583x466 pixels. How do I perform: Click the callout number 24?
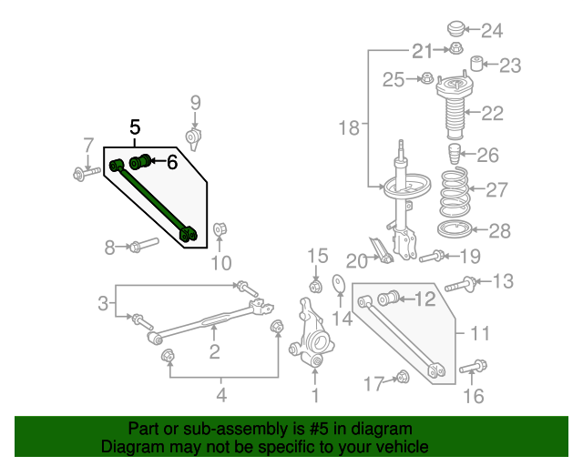click(492, 30)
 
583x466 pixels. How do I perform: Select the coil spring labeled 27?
click(454, 192)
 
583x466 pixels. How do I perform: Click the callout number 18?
click(349, 127)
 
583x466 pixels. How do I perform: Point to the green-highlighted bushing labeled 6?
click(139, 162)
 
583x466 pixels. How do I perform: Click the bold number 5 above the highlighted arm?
click(135, 127)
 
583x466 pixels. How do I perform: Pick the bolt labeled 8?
click(144, 244)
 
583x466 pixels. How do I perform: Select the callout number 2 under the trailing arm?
click(215, 351)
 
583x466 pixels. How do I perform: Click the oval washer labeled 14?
click(338, 284)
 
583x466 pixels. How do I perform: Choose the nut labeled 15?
click(316, 287)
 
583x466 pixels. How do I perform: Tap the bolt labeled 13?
click(461, 284)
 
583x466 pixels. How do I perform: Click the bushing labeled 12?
click(389, 298)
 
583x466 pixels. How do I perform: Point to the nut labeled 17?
click(403, 377)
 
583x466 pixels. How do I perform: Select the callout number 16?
click(474, 396)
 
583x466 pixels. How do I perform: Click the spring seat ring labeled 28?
click(455, 229)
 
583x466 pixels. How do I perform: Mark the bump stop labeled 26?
click(454, 154)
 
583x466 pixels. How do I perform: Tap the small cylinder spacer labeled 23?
click(476, 63)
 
